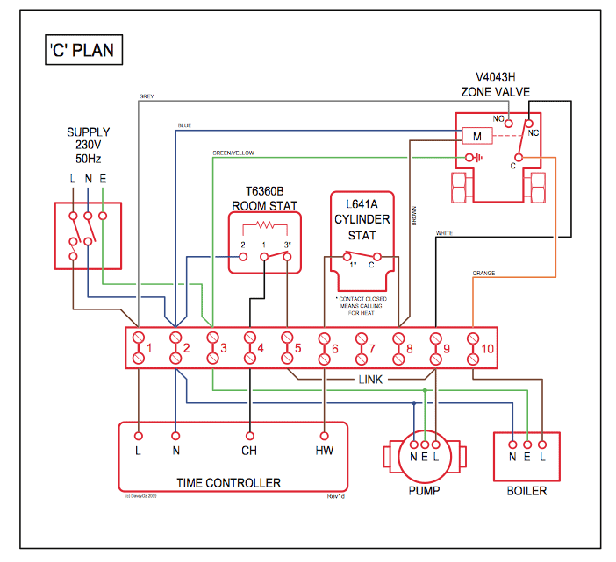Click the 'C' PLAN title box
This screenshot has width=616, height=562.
tap(80, 50)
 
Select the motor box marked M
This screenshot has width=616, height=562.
tap(476, 137)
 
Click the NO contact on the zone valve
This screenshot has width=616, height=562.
tap(508, 124)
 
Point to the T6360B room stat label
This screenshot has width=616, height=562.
tap(265, 198)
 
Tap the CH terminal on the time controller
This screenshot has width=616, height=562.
tap(249, 452)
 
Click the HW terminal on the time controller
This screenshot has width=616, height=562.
tap(324, 452)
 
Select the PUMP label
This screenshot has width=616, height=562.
tap(424, 490)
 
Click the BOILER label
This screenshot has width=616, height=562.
tap(526, 490)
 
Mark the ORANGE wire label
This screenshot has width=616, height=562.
tap(483, 274)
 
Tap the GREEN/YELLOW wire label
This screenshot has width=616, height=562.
tap(233, 153)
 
